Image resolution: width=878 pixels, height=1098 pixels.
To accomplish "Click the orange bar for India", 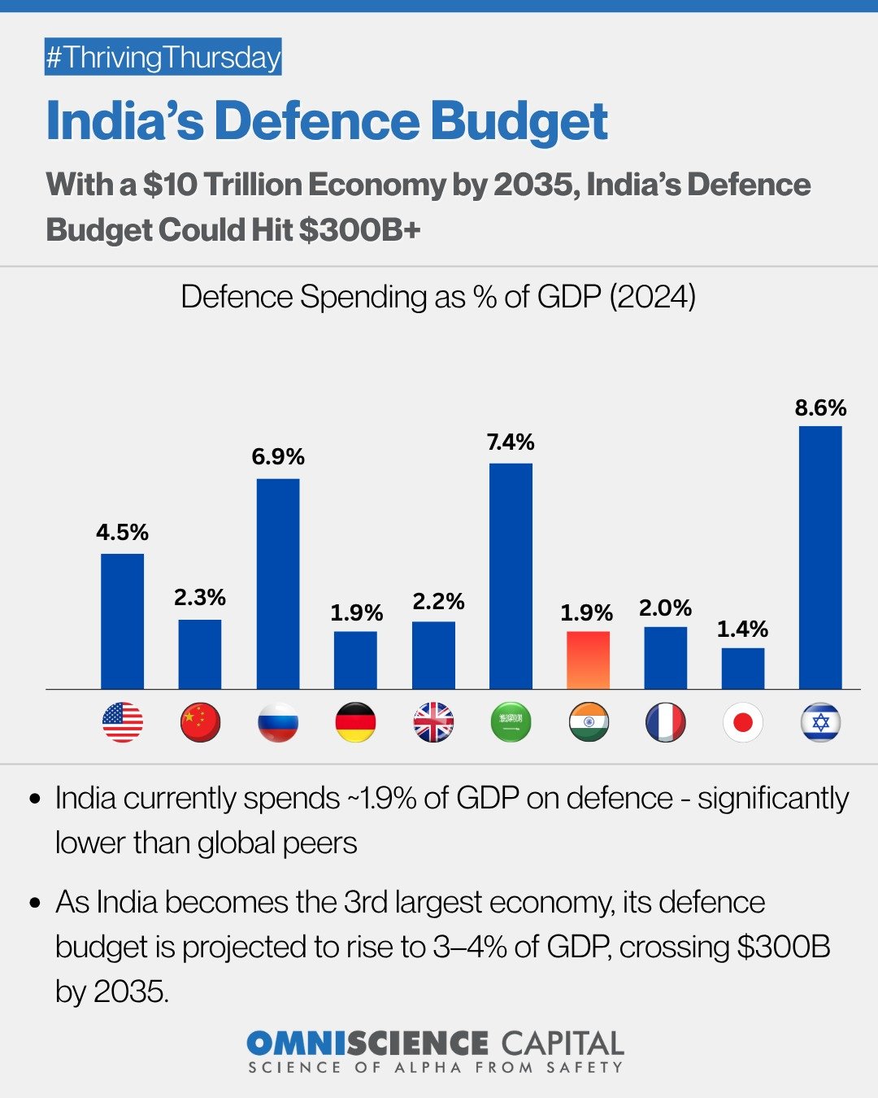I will tap(588, 660).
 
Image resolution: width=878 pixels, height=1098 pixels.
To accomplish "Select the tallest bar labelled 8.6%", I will tap(820, 557).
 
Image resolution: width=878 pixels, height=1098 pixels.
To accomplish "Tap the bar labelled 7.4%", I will tap(511, 576).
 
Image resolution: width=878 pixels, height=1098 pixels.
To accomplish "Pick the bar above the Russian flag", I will tap(278, 583).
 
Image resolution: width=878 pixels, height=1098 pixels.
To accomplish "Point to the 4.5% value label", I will tap(122, 533).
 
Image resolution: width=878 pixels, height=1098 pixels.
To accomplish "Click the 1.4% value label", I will tap(742, 629).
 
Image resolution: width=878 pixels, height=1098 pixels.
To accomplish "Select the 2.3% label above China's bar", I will tap(200, 598).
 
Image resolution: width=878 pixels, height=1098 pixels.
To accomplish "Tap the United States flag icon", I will tap(122, 722).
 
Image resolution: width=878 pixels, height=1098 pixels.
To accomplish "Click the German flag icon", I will tap(355, 722).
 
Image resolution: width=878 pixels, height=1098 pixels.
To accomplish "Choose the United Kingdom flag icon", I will tap(433, 722).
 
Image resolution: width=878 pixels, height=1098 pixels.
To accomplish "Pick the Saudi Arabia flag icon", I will tap(511, 722).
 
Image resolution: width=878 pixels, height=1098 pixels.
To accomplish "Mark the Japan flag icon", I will tap(742, 722).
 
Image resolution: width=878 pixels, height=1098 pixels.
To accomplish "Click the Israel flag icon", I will tap(820, 722).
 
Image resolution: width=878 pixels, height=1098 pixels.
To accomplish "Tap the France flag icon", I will tap(665, 722).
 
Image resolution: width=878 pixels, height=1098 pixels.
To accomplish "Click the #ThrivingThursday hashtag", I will tap(163, 58).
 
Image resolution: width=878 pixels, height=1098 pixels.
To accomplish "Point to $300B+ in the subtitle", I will tap(359, 230).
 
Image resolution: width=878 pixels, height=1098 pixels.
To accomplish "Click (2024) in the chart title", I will tap(652, 297).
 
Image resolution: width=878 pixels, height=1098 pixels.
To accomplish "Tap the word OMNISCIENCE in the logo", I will tap(367, 1043).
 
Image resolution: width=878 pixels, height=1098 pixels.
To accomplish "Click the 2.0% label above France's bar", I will tap(665, 608).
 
